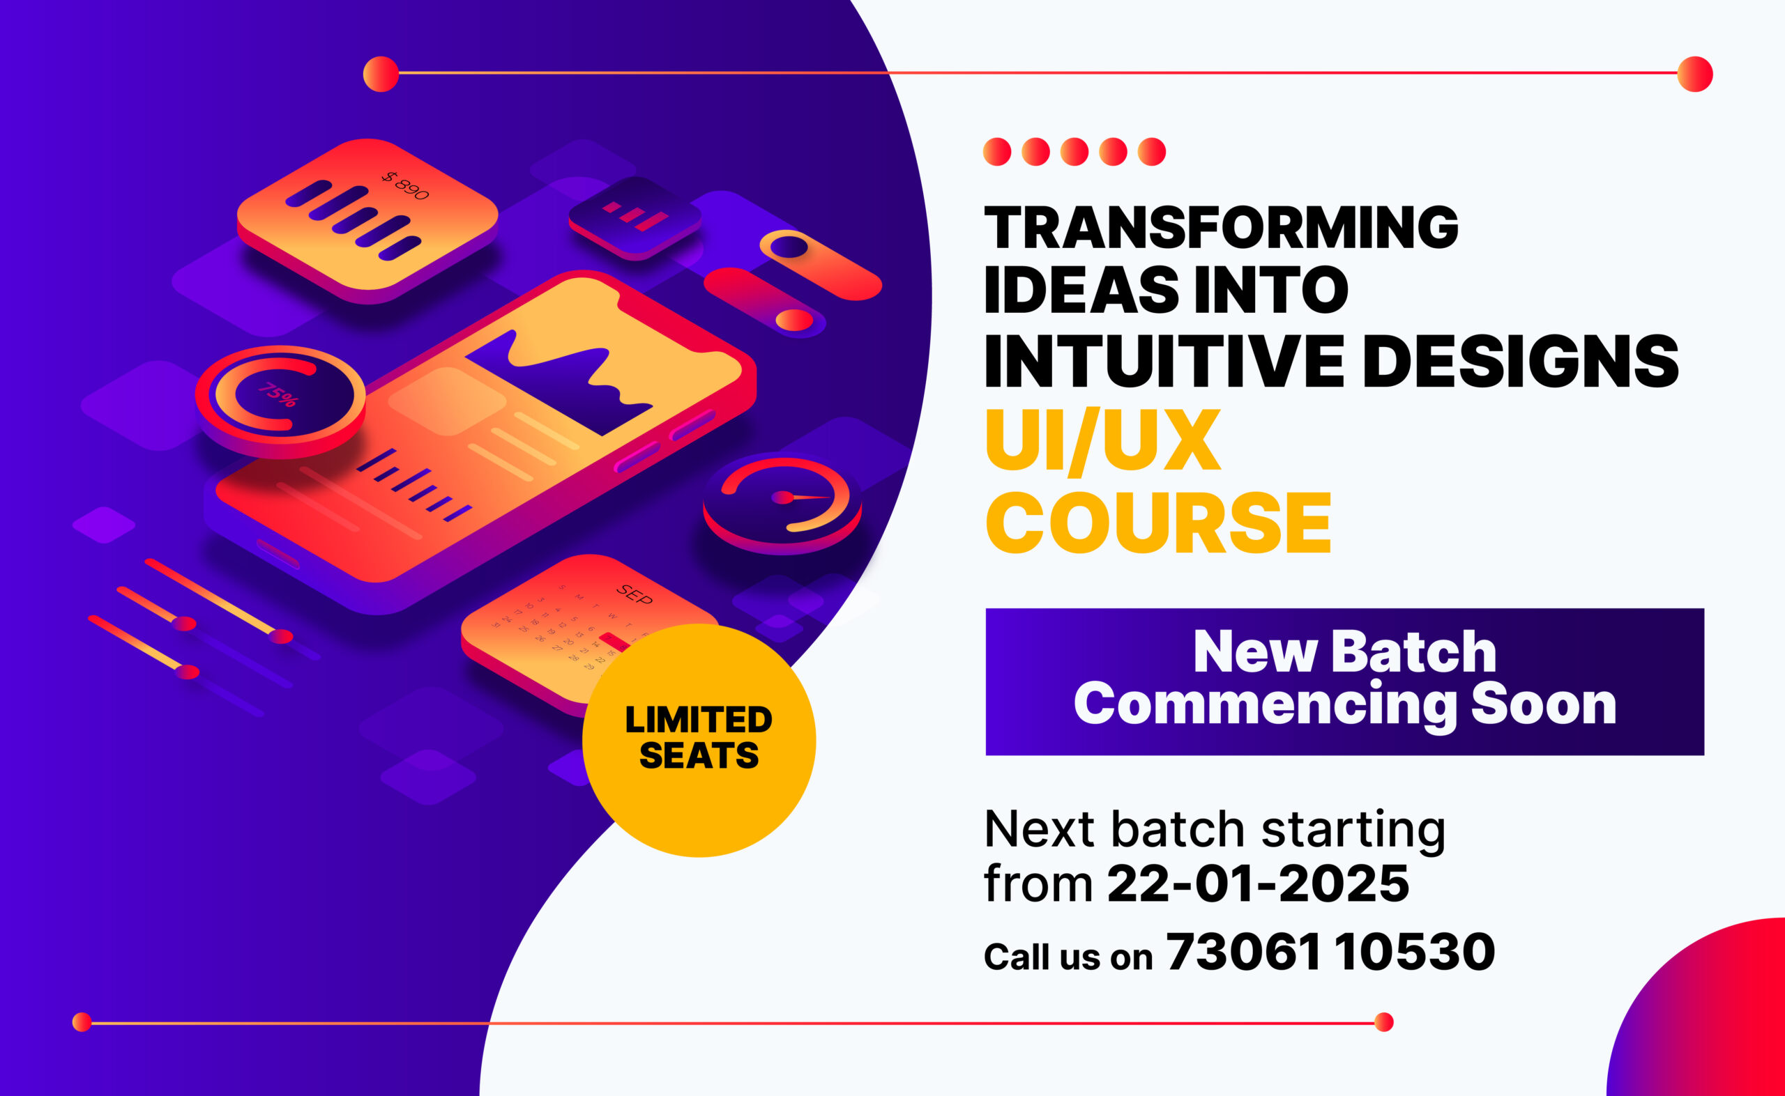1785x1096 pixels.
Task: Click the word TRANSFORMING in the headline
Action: [1221, 228]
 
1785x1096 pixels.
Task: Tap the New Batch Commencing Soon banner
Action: [1344, 681]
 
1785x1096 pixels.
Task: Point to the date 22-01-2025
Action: [1258, 883]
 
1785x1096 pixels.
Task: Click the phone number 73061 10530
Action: [1330, 951]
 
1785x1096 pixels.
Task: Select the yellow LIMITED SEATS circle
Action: [699, 739]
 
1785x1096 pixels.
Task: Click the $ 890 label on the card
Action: [407, 185]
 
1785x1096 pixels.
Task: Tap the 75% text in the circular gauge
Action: [278, 395]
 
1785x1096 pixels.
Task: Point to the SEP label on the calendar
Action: [634, 594]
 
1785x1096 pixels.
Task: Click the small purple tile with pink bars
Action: [635, 216]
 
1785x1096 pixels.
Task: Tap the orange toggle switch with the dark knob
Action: [820, 265]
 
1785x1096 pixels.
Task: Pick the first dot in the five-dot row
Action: [996, 152]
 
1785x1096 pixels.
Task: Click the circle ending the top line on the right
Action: [1695, 74]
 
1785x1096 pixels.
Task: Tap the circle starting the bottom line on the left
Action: [82, 1022]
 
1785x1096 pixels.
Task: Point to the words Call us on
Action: [1068, 957]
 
